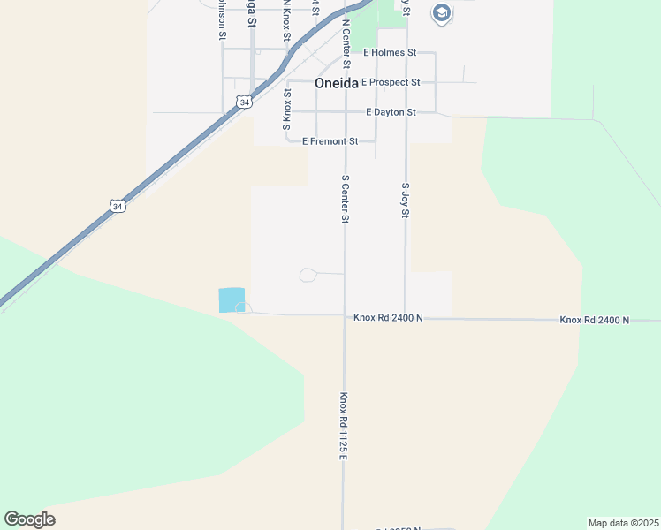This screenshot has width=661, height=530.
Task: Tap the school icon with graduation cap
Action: [441, 13]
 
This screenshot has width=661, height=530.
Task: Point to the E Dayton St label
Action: [391, 113]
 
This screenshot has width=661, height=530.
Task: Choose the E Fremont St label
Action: [330, 141]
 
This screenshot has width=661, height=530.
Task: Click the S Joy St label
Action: [406, 201]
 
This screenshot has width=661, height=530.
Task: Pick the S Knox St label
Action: [286, 105]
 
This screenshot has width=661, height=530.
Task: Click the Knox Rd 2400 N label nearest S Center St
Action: [389, 317]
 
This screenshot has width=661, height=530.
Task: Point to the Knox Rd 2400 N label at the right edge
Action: [594, 320]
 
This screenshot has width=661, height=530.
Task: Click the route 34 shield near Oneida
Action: [243, 102]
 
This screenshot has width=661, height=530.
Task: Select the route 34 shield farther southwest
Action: [118, 206]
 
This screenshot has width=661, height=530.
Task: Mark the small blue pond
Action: [232, 300]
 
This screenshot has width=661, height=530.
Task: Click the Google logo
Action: [29, 519]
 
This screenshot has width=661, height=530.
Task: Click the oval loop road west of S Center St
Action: [308, 276]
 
